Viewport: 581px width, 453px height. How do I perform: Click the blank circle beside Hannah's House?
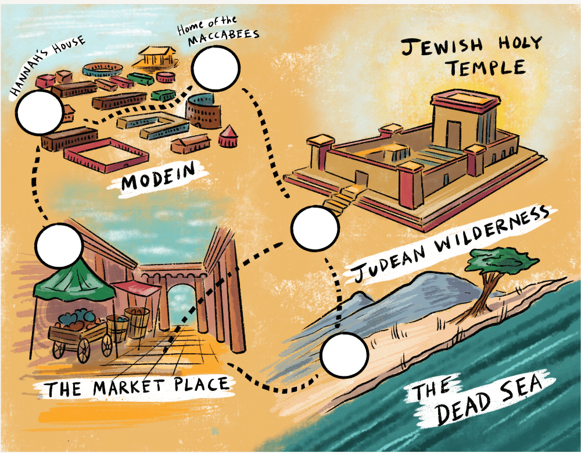coord(40,113)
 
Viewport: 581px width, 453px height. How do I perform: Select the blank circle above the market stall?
coord(59,246)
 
